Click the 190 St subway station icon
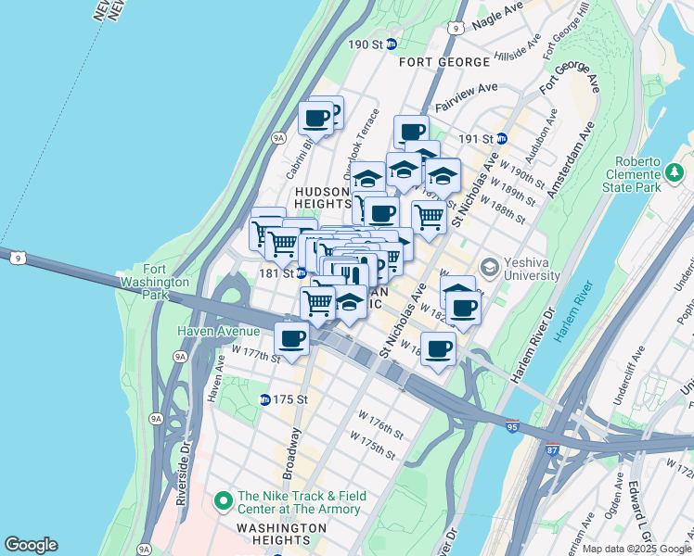point(392,44)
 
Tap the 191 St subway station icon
point(502,138)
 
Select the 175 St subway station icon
point(264,399)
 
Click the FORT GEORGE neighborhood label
point(444,62)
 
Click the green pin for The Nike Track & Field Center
point(223,501)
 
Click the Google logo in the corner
point(31,545)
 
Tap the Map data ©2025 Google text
point(636,549)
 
